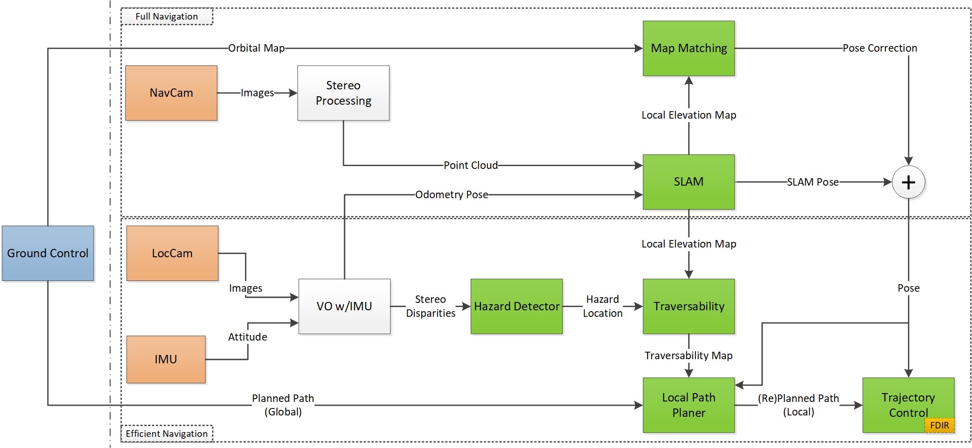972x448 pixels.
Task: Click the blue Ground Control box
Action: pos(47,253)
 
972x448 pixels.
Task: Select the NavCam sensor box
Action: pos(171,93)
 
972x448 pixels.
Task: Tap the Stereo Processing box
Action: pos(344,93)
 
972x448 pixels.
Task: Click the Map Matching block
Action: pos(688,48)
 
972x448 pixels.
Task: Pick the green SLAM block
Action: pos(688,181)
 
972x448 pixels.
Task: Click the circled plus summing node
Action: pos(908,182)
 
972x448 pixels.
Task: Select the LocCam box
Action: pos(172,253)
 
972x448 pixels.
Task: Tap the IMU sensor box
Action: pos(166,359)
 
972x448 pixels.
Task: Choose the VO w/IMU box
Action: pos(344,306)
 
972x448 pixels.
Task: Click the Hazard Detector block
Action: pos(517,306)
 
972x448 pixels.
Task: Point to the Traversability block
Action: pos(688,306)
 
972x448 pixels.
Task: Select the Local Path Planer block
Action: pos(688,405)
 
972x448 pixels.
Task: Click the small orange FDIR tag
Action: pos(939,425)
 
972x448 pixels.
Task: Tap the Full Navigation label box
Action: pos(167,16)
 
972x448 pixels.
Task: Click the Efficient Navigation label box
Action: pos(167,434)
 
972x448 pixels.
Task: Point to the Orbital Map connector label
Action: pos(256,48)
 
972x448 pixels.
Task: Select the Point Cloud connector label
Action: pos(470,165)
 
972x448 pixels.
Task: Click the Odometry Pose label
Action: pos(452,194)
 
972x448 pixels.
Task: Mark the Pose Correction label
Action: pos(879,48)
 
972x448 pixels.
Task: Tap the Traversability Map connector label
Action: pos(688,355)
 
